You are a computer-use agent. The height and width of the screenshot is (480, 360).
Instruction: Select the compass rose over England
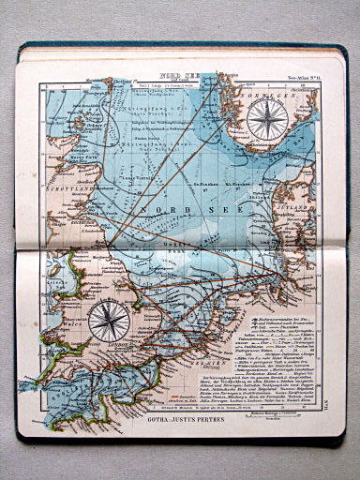[x=110, y=321]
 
